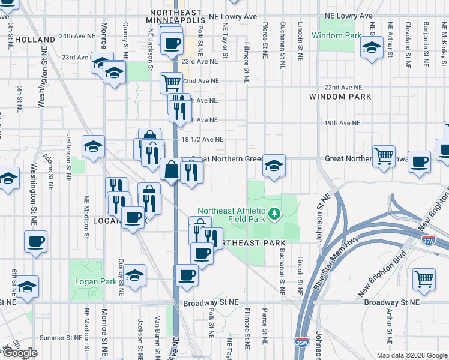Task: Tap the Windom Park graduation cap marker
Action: pos(372,47)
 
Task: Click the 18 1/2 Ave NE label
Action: pos(202,139)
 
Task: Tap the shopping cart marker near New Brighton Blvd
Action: pos(424,279)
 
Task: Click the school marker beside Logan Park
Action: pos(134,275)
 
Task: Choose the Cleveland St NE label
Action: pos(408,37)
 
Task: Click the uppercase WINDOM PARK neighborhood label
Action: pos(340,97)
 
